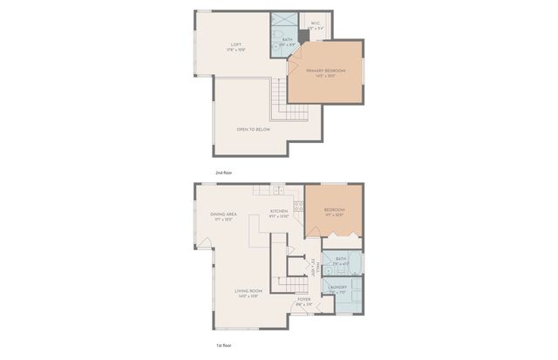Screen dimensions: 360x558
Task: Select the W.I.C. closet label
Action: [x=316, y=24]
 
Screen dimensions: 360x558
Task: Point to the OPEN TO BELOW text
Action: [x=253, y=129]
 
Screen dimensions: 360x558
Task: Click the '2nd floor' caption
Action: [x=224, y=173]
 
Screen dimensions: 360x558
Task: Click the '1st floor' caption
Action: [x=224, y=347]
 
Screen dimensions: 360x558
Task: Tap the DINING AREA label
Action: [x=224, y=214]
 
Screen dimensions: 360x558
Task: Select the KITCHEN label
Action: [x=279, y=212]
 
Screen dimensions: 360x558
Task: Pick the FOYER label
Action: [x=303, y=300]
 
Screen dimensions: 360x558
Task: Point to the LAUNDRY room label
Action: [x=337, y=287]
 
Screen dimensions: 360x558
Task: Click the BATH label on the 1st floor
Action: [x=340, y=258]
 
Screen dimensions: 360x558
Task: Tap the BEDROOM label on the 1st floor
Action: [x=335, y=209]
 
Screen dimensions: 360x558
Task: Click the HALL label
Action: [x=312, y=267]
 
